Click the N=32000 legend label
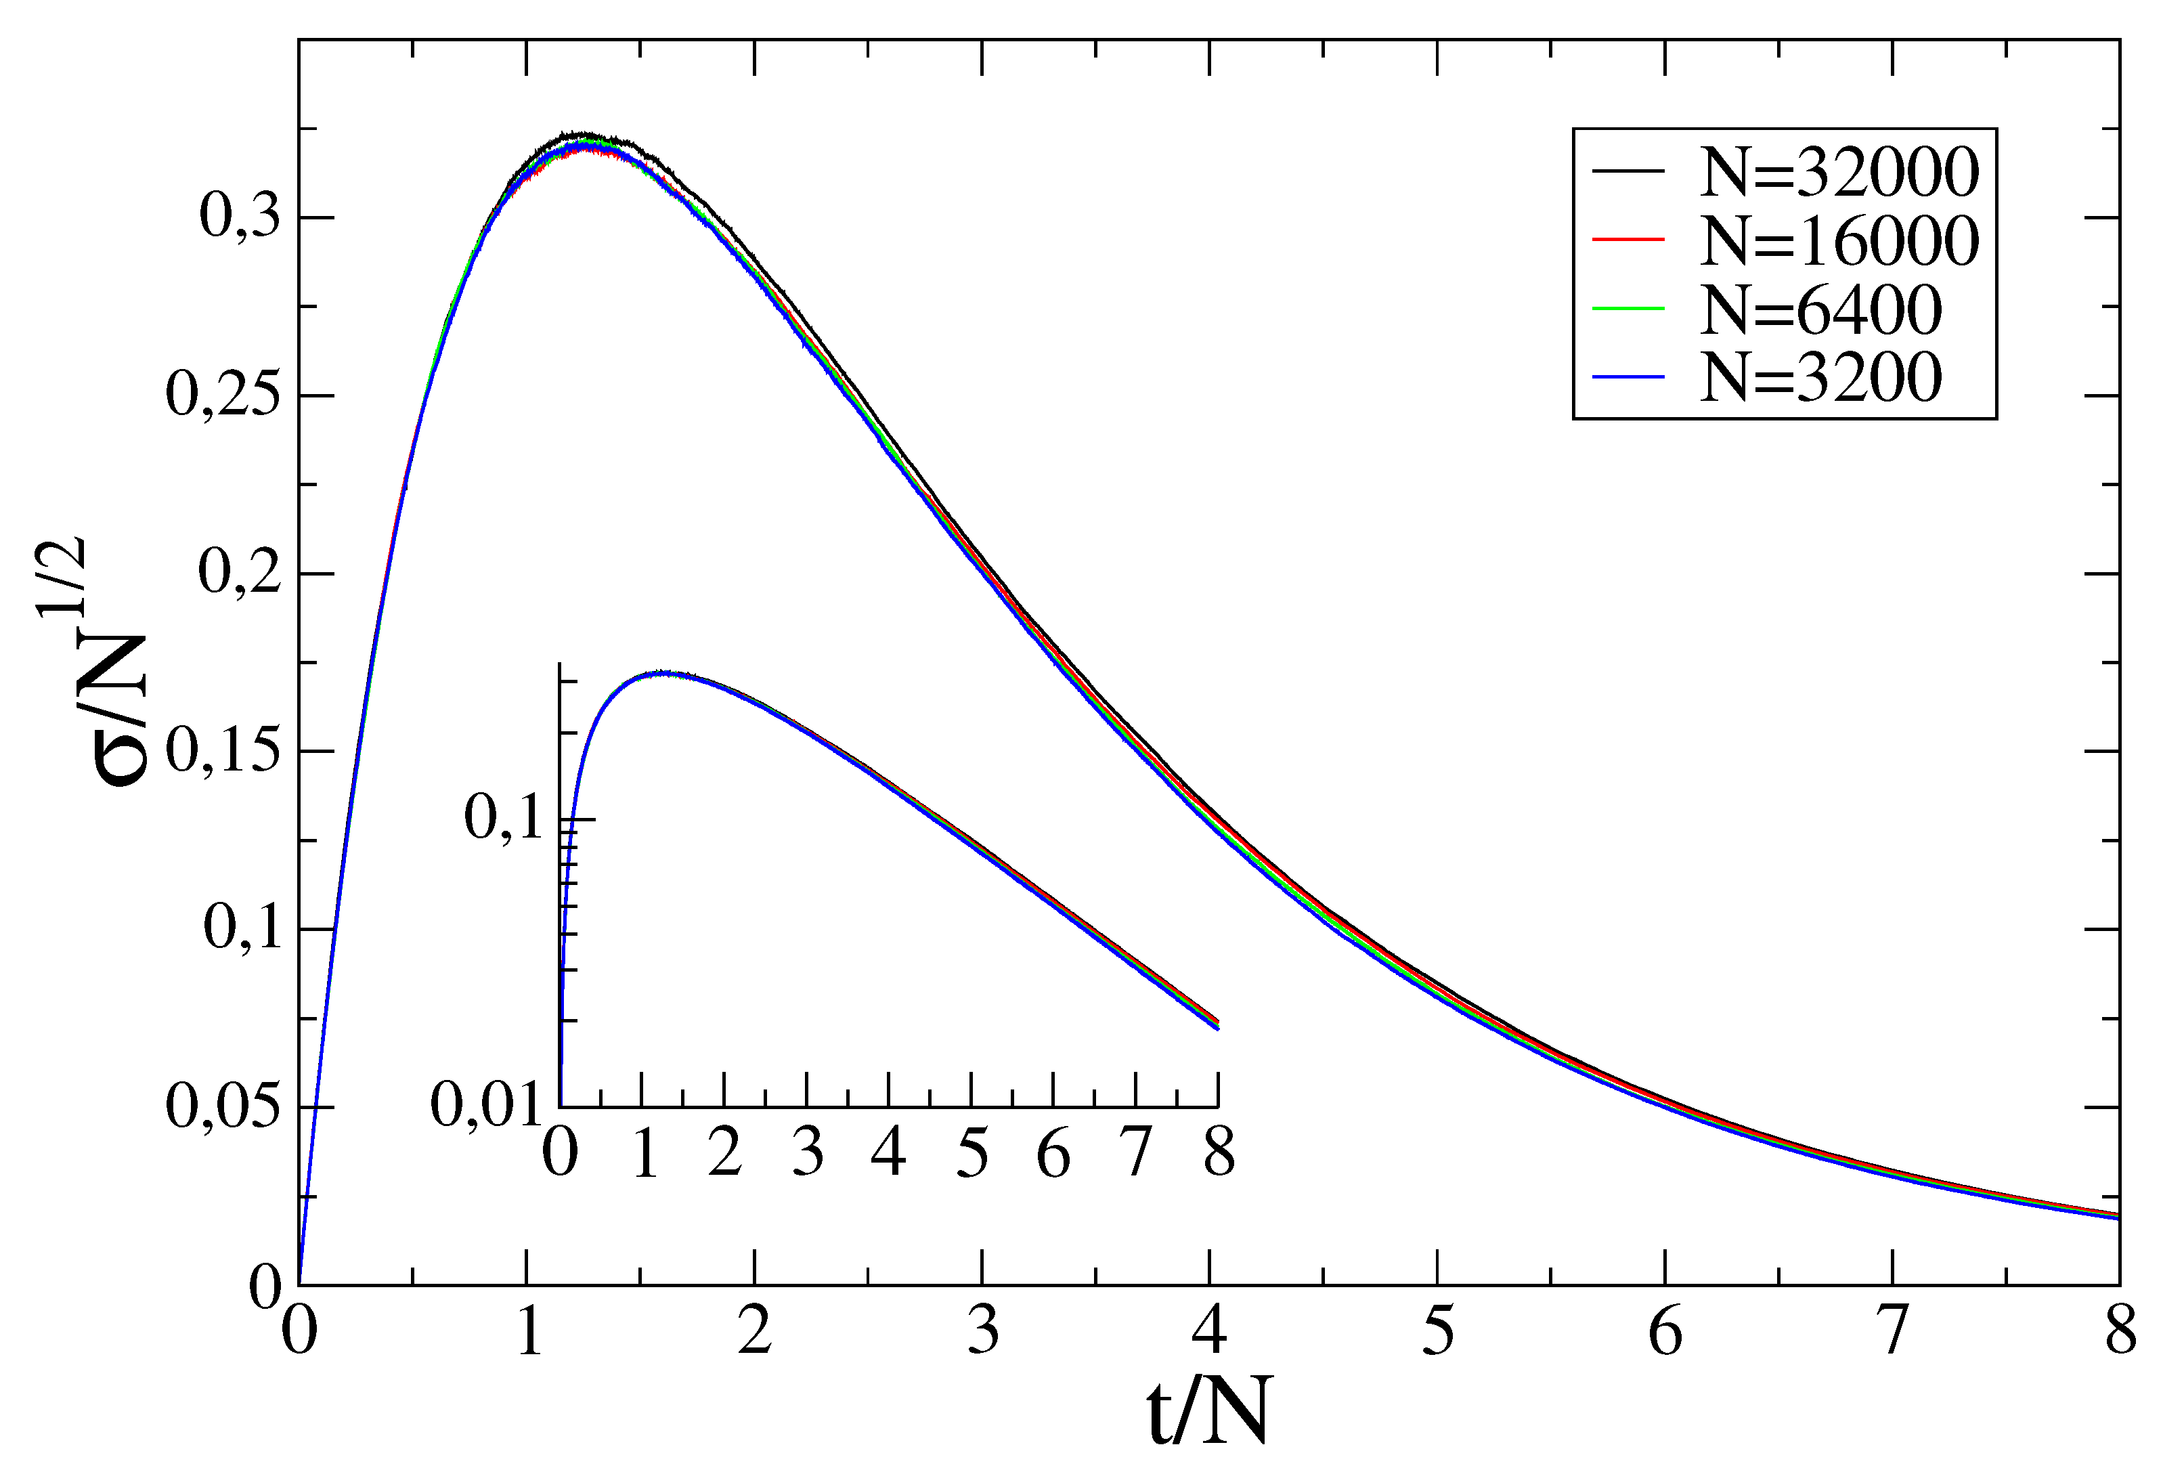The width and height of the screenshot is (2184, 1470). (x=1839, y=173)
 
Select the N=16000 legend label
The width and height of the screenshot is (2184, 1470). (x=1839, y=241)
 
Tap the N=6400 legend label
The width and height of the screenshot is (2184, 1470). (x=1820, y=309)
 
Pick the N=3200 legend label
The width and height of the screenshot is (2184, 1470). (x=1820, y=378)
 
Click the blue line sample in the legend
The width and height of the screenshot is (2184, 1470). (x=1628, y=377)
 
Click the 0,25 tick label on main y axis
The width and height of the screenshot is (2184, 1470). (x=223, y=395)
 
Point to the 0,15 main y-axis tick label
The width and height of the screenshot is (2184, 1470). (x=223, y=751)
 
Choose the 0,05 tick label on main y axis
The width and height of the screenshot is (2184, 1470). (x=223, y=1107)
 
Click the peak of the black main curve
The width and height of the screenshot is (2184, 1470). (x=583, y=135)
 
